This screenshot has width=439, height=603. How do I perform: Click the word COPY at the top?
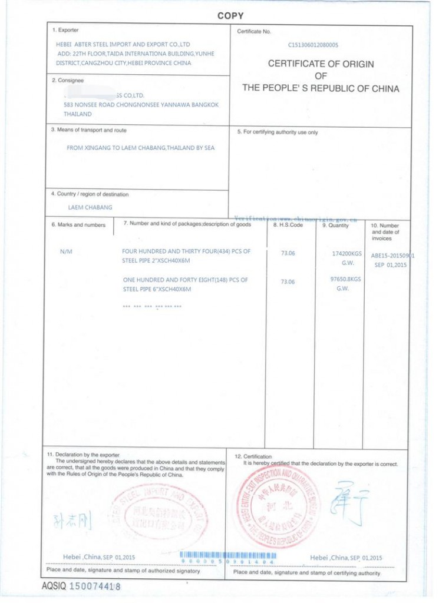point(230,16)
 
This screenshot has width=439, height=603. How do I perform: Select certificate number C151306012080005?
point(313,44)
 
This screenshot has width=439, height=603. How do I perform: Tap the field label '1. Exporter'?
point(65,30)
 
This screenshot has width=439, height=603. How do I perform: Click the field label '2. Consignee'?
point(68,81)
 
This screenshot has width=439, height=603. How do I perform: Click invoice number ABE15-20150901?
point(392,256)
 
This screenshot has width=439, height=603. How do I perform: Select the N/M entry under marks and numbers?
point(66,251)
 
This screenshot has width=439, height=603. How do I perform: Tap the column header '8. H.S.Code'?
point(288,225)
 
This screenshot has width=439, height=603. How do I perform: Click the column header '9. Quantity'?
point(335,225)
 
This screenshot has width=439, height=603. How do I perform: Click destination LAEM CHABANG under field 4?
point(90,207)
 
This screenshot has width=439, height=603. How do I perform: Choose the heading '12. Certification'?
point(253,456)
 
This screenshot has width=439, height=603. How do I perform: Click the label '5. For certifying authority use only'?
point(277,132)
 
